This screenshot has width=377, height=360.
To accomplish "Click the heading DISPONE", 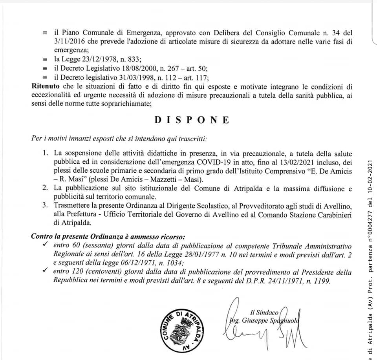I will (191, 120).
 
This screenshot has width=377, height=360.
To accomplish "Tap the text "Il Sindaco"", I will (264, 312).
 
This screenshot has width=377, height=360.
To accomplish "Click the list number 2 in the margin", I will (46, 188).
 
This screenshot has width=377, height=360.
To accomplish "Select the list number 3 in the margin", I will (46, 205).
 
